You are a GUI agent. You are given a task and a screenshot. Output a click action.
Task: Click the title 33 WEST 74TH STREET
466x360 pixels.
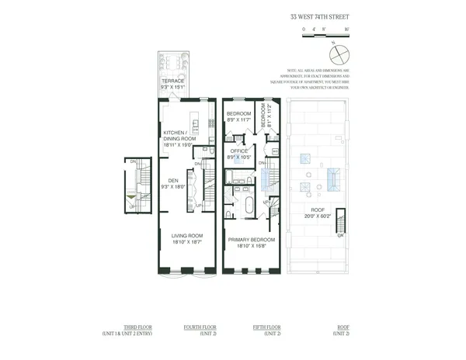(x=320, y=15)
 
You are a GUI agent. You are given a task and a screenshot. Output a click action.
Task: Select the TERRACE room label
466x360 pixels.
(x=172, y=81)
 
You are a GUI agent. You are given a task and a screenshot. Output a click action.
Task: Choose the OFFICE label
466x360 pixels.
(x=238, y=151)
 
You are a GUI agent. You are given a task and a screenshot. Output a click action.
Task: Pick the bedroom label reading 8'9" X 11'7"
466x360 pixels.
(x=237, y=117)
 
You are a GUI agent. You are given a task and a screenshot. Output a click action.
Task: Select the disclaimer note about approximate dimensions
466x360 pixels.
(x=318, y=78)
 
